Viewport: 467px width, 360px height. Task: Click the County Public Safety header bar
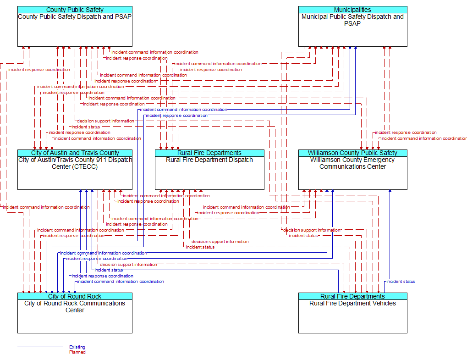(75, 10)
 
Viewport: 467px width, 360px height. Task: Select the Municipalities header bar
(352, 10)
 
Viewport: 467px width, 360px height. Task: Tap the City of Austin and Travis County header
(75, 153)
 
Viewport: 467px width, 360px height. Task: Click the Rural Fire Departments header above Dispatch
(209, 153)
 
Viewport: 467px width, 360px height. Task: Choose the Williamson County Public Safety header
(352, 153)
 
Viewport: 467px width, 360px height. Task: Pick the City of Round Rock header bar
(75, 296)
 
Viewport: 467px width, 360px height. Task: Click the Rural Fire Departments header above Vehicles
(352, 296)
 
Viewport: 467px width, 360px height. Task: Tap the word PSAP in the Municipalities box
(352, 23)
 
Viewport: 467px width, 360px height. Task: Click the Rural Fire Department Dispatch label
(209, 160)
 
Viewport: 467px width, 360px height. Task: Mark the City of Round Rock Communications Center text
(75, 306)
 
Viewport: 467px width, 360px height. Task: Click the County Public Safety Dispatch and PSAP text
(75, 17)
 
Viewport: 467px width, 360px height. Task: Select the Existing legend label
(77, 347)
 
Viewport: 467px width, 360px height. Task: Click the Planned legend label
(77, 352)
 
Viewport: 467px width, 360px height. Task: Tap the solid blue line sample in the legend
(40, 347)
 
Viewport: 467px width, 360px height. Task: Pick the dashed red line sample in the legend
(40, 352)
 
